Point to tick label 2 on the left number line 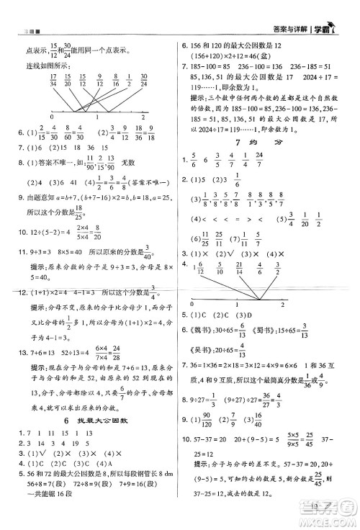click(144, 117)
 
